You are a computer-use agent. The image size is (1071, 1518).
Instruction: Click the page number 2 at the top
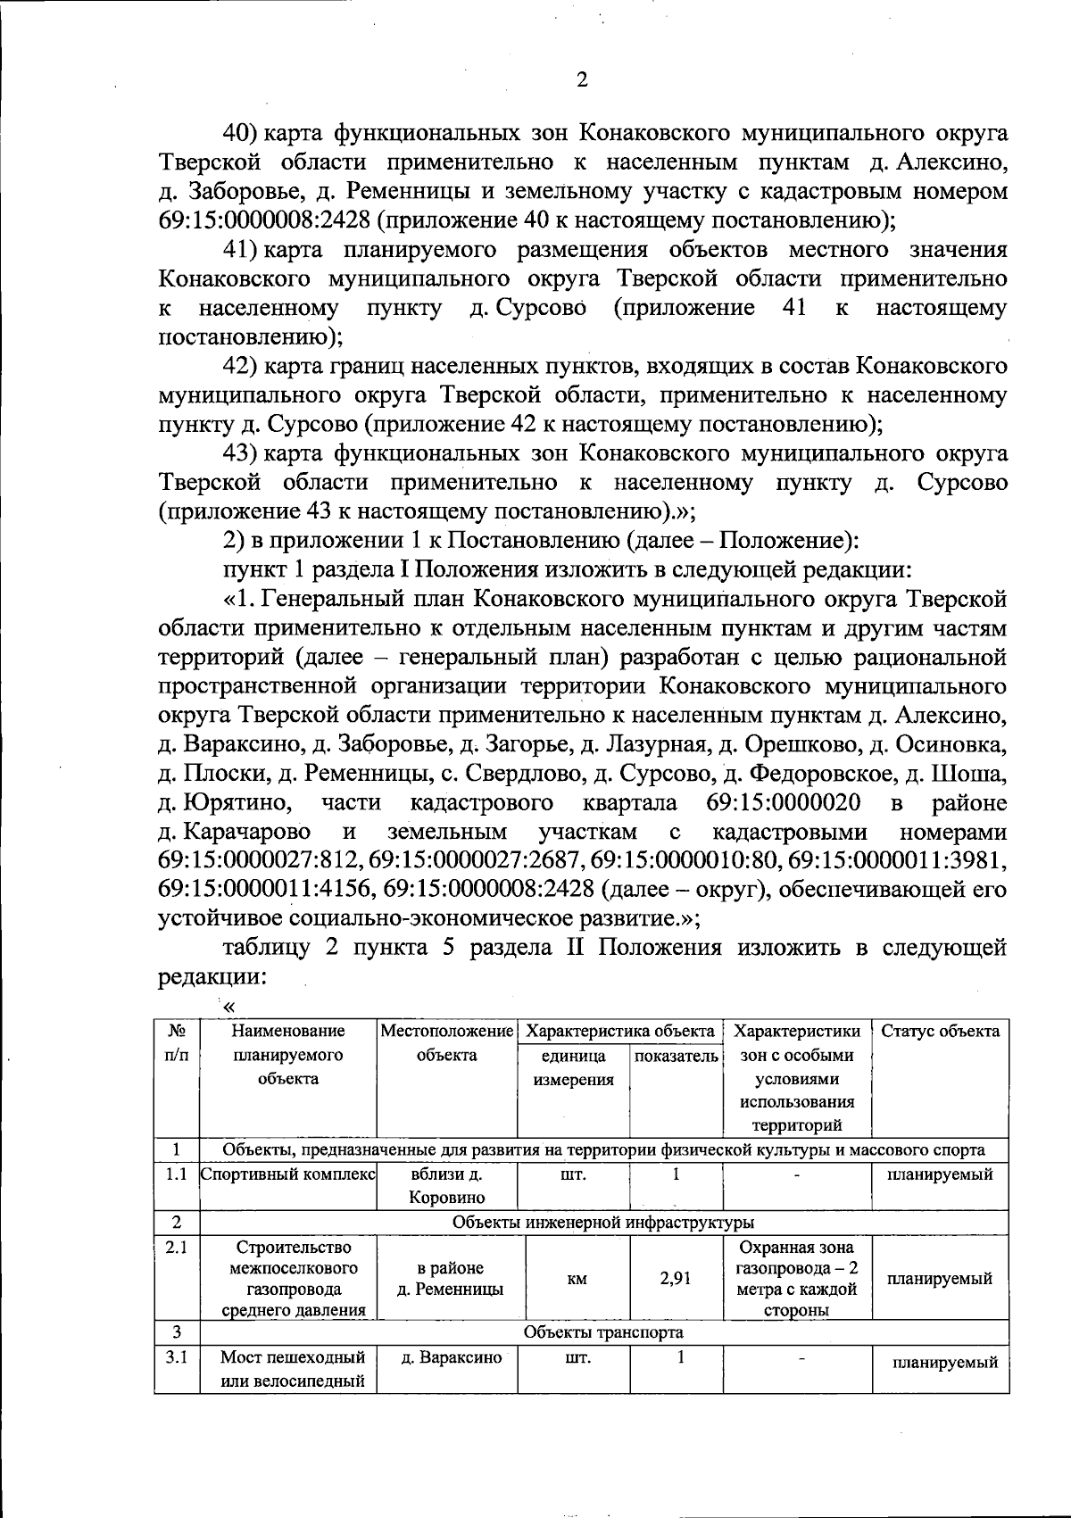coord(582,81)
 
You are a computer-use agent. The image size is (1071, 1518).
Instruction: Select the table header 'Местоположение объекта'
coord(447,1043)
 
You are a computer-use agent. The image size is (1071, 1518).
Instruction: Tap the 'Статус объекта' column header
coord(940,1032)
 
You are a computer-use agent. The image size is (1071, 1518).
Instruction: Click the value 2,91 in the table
coord(676,1278)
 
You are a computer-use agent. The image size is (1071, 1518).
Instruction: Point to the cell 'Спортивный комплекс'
coord(288,1174)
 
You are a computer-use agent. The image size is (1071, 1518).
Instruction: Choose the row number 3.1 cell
coord(177,1358)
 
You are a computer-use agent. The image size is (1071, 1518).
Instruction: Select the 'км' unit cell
coord(577,1279)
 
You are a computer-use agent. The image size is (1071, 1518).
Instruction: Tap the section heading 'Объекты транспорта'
coord(603,1332)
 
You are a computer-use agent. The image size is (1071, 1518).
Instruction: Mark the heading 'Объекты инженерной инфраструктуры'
coord(603,1222)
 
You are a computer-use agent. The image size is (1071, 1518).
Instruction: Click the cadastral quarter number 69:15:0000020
coord(783,803)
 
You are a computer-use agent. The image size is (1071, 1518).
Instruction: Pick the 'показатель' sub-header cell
coord(676,1056)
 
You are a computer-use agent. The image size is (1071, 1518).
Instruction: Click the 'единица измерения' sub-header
coord(574,1067)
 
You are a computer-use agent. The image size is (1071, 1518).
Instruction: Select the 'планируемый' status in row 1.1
coord(940,1174)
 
